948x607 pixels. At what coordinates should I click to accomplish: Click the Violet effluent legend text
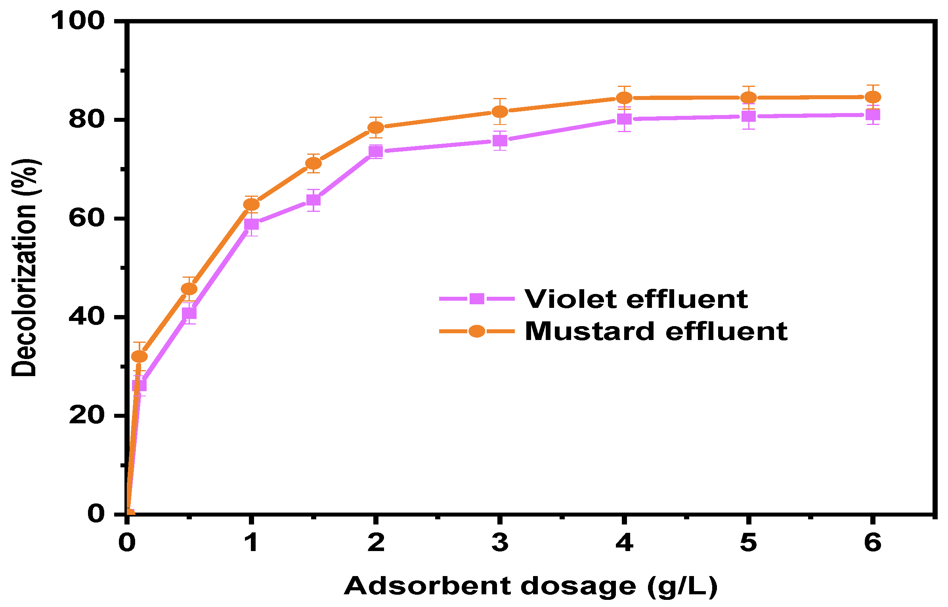point(636,299)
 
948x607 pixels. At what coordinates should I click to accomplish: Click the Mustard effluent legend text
point(656,331)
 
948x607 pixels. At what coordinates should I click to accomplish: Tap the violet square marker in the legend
point(477,299)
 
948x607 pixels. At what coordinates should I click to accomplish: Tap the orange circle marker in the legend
point(477,331)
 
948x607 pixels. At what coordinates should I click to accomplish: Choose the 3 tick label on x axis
point(500,543)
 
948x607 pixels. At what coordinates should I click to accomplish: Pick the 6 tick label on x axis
point(873,543)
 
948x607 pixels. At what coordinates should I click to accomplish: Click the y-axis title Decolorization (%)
point(25,268)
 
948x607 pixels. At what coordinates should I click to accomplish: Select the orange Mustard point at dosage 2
point(376,127)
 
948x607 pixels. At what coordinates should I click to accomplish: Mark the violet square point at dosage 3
point(500,140)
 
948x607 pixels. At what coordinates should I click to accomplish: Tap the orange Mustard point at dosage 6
point(873,97)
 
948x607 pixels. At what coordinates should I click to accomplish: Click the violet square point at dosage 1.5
point(313,200)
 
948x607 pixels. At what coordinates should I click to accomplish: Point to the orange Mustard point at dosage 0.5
point(189,289)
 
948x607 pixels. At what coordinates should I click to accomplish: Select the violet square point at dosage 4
point(624,119)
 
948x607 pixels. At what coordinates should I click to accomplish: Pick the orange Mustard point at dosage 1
point(251,204)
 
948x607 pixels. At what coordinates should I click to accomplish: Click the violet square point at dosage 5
point(748,116)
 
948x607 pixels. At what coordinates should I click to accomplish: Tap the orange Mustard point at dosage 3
point(500,111)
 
